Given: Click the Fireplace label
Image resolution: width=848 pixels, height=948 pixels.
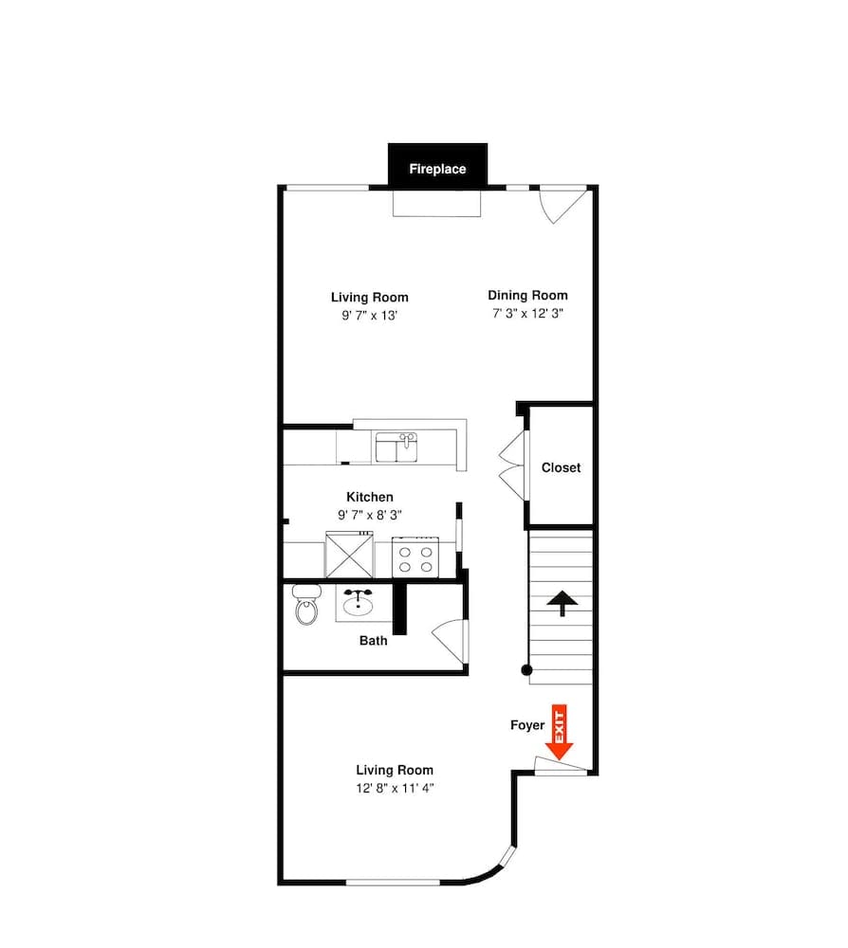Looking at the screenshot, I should click(437, 170).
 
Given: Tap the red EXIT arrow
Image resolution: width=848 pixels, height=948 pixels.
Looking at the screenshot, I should click(560, 733).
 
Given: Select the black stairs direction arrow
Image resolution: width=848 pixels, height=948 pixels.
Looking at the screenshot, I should click(562, 603).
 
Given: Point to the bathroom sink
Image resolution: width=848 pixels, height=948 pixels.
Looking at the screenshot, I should click(358, 603).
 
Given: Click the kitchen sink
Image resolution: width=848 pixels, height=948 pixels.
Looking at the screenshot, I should click(397, 447).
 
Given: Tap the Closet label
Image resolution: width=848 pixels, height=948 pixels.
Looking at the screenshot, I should click(561, 467).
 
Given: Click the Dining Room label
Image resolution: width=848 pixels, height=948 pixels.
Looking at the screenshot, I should click(527, 295).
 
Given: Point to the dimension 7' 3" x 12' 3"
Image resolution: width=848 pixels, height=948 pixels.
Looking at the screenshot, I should click(527, 313).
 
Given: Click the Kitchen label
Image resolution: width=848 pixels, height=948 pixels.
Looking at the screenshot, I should click(369, 497).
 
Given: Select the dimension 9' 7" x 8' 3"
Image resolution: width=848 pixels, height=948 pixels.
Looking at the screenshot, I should click(369, 515).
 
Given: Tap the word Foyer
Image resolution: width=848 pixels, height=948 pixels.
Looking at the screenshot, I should click(527, 725).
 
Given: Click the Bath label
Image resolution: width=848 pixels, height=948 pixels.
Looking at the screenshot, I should click(373, 641).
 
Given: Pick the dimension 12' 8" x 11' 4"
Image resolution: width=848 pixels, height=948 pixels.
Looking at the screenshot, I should click(395, 788).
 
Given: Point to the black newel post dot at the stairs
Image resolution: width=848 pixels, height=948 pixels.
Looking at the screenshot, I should click(527, 671).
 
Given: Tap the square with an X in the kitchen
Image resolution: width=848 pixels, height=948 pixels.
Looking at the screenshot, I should click(348, 555).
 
